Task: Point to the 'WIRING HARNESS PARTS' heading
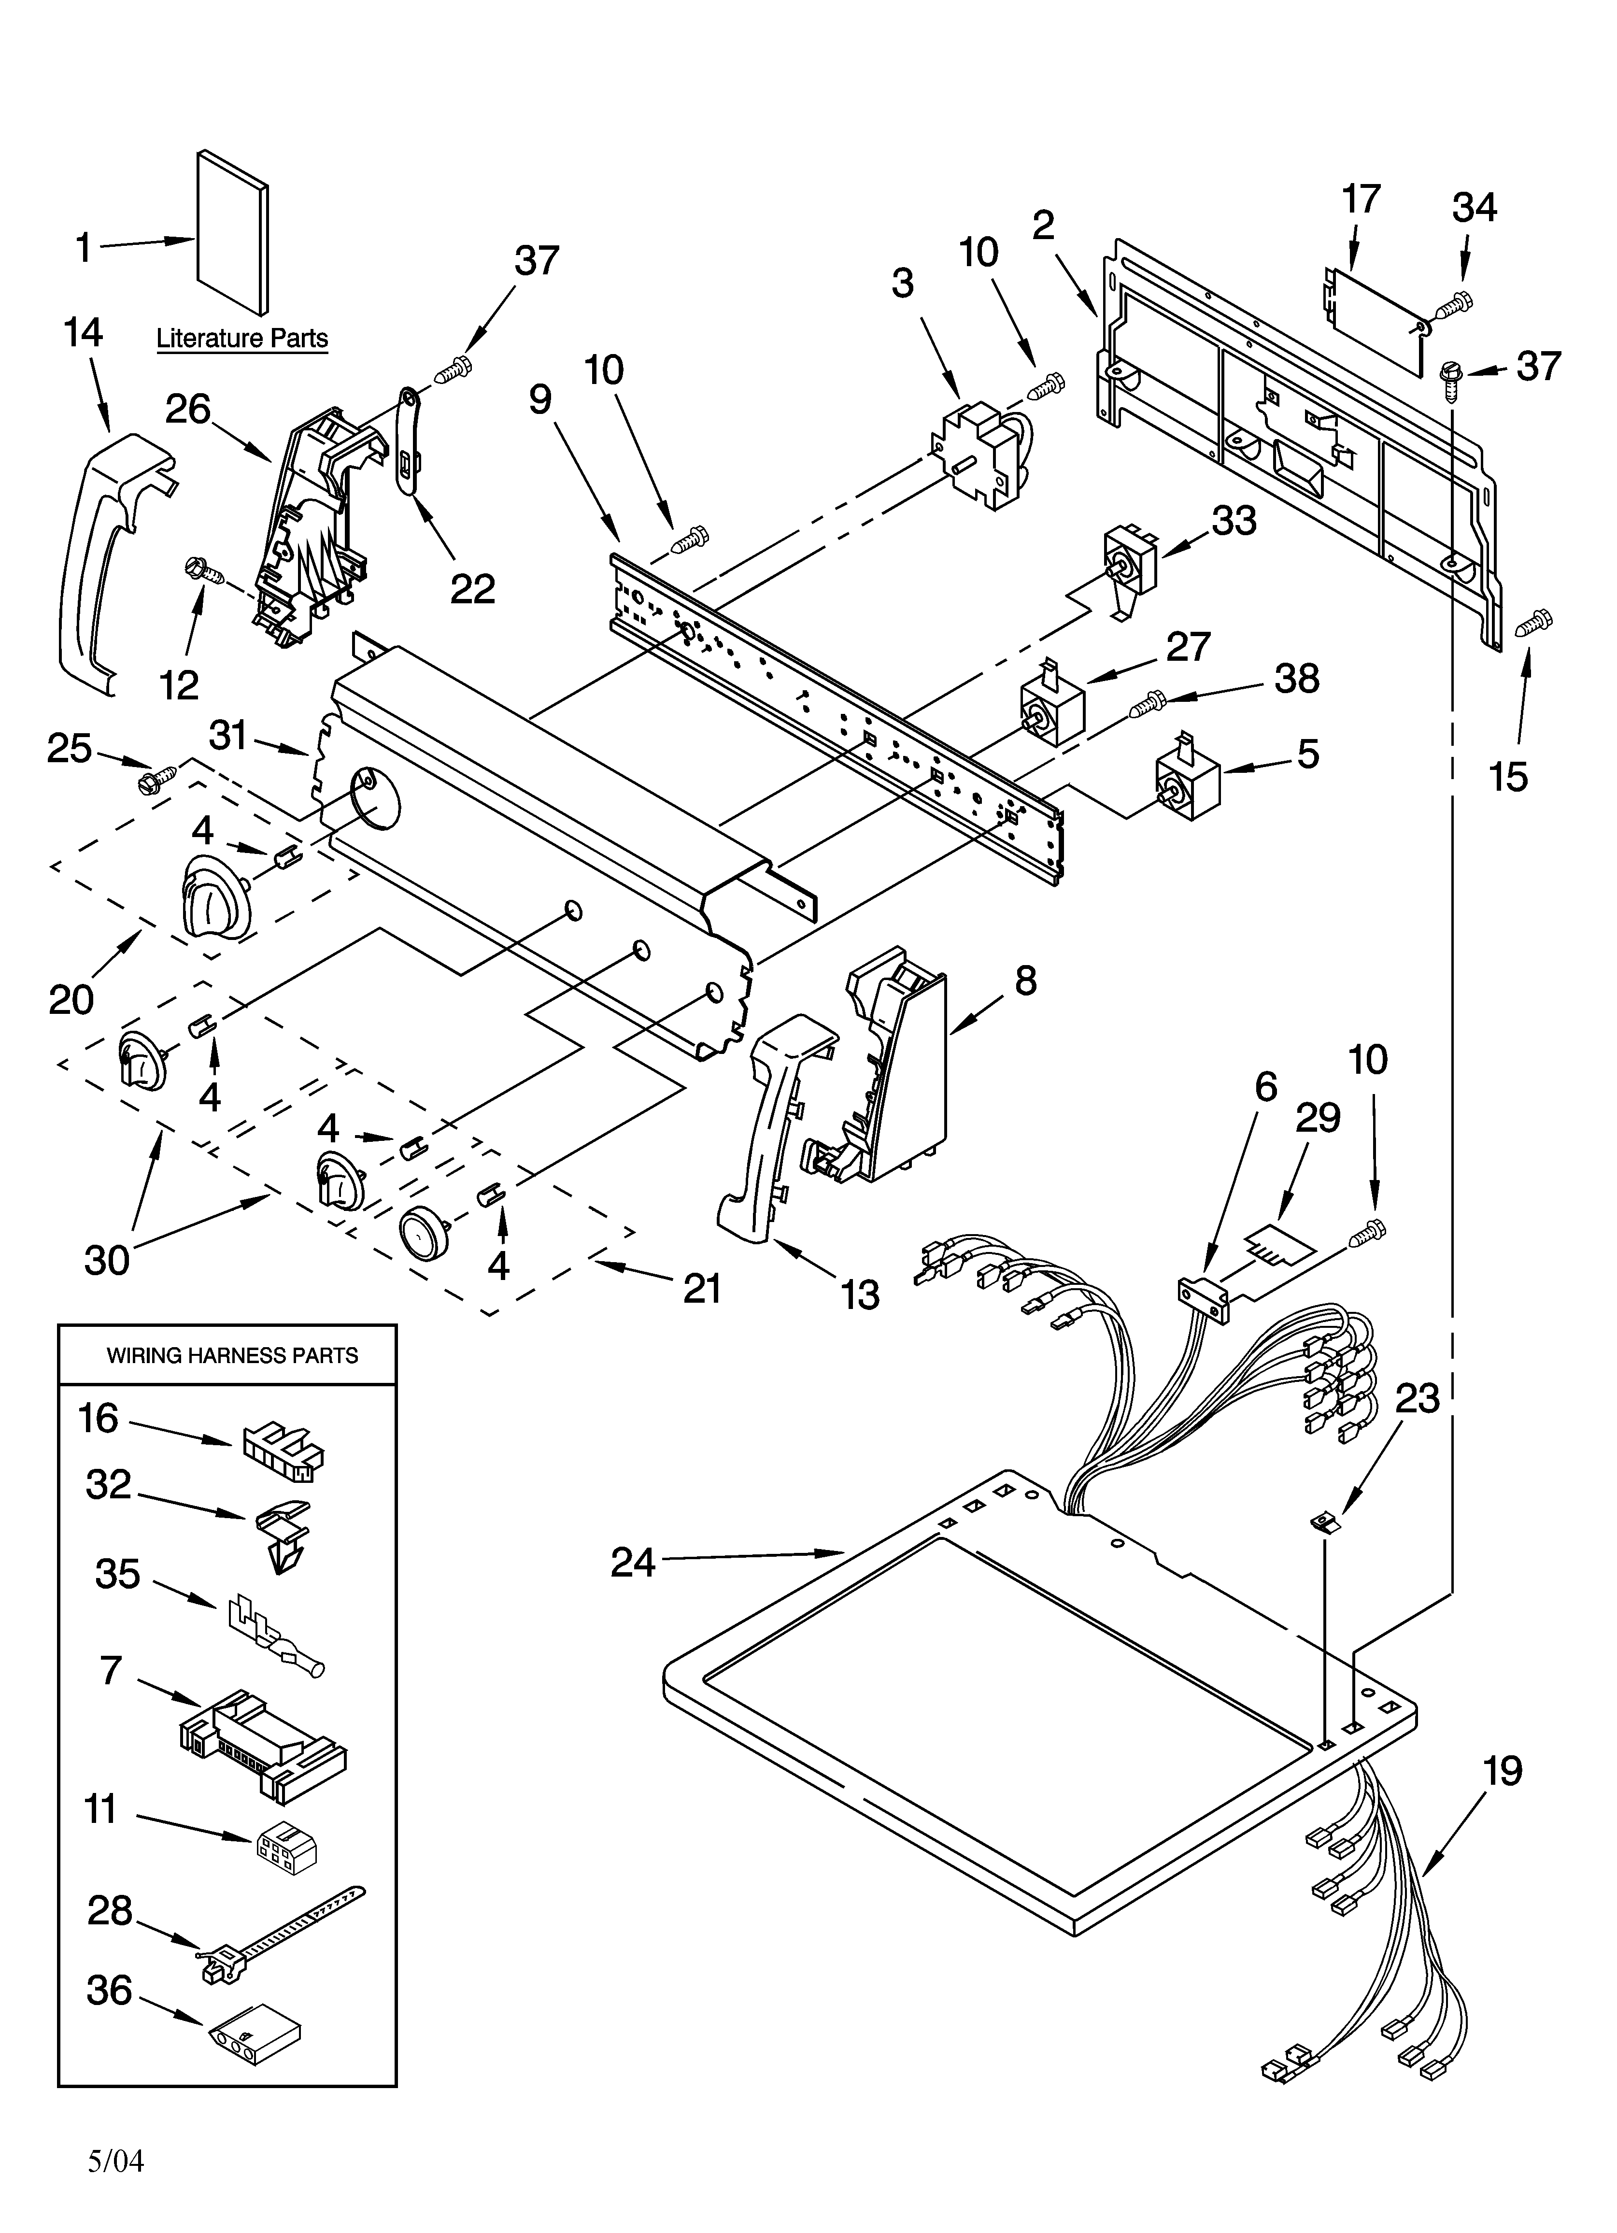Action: (232, 1356)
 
